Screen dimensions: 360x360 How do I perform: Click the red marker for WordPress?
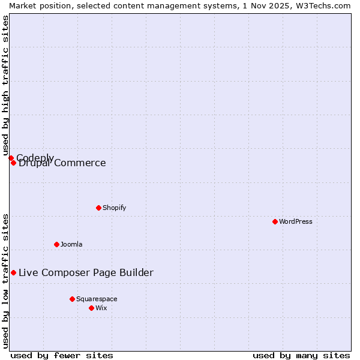click(275, 221)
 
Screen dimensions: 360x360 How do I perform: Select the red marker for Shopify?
click(98, 208)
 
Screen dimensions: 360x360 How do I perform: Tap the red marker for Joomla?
click(56, 244)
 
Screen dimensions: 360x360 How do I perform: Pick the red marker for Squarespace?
click(72, 299)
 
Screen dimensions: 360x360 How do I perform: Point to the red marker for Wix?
click(91, 308)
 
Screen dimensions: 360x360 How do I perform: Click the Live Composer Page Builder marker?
click(13, 272)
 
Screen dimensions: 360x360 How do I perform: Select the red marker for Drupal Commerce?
click(13, 163)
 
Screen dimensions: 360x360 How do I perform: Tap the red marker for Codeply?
click(11, 158)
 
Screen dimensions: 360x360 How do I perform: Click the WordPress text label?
click(296, 221)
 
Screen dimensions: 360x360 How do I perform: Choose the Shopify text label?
click(114, 208)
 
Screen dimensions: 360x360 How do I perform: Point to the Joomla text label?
click(71, 244)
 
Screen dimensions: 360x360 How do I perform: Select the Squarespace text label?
click(97, 299)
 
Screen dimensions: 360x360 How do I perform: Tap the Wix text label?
click(101, 308)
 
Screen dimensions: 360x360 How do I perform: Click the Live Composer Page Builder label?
click(86, 272)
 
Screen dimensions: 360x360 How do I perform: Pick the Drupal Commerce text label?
click(62, 163)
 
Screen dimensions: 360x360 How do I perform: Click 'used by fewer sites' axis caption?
click(62, 355)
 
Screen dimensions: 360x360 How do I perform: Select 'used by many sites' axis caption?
click(301, 355)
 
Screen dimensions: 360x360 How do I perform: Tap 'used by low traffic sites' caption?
click(6, 280)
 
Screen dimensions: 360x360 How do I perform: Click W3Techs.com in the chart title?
click(322, 5)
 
